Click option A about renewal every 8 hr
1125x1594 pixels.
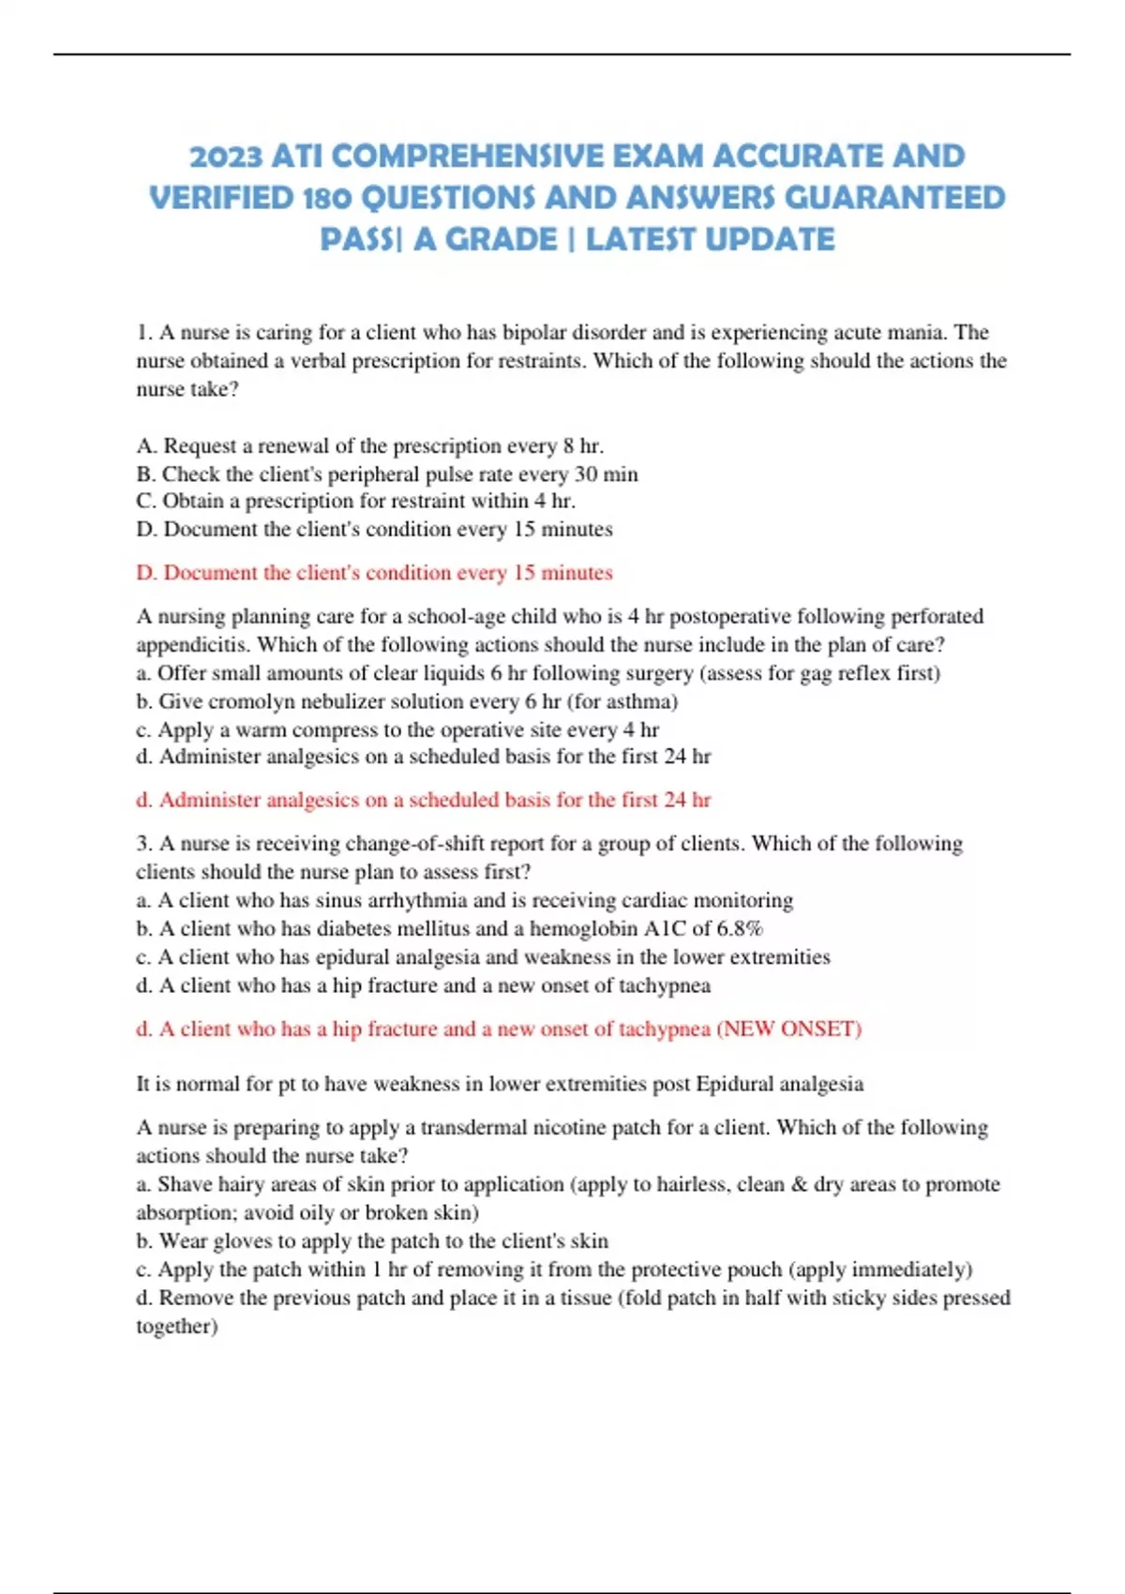tap(369, 445)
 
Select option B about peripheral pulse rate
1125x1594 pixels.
tap(386, 474)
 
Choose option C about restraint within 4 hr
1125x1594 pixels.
tap(355, 501)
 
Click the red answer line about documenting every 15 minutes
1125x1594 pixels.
tap(374, 573)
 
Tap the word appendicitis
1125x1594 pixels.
tap(192, 645)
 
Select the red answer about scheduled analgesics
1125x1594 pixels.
tap(423, 800)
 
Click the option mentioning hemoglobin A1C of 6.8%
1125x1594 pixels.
tap(449, 928)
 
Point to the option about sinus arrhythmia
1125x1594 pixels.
tap(464, 900)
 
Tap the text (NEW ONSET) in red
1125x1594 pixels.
tap(788, 1029)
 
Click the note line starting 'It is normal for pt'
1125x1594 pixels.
tap(499, 1084)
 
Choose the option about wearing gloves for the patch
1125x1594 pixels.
tap(371, 1241)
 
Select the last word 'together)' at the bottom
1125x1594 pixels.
tap(176, 1326)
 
